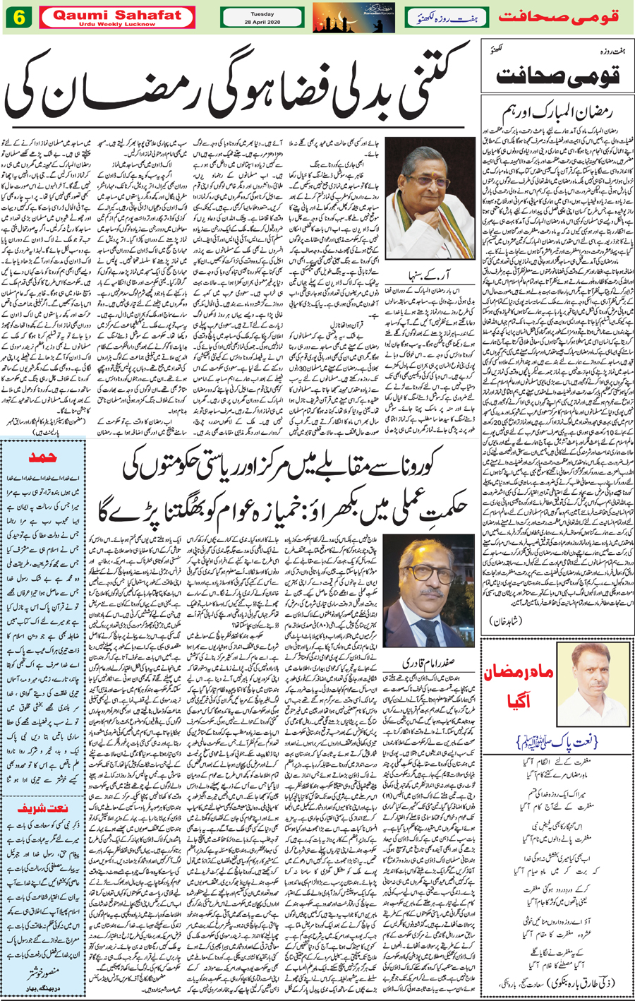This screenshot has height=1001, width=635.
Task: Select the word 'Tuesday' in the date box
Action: pos(261,12)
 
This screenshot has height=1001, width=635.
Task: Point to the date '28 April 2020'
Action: pos(261,23)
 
